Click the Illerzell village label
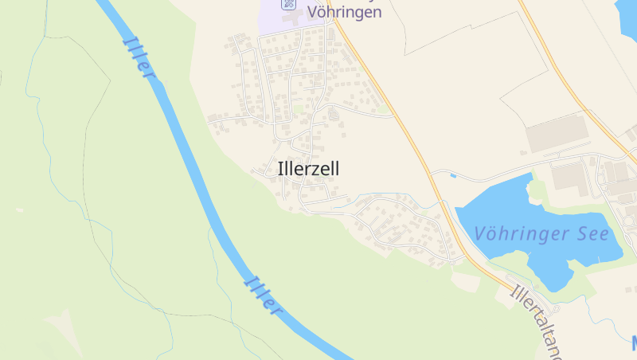click(x=309, y=169)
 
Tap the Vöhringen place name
click(x=344, y=12)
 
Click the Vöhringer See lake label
click(x=541, y=233)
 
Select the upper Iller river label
click(x=139, y=56)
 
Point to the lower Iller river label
click(x=264, y=294)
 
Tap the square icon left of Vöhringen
click(x=288, y=4)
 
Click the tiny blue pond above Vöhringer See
click(x=453, y=175)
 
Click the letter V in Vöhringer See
click(x=481, y=234)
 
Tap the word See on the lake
click(x=593, y=233)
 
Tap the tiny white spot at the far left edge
click(x=18, y=209)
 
